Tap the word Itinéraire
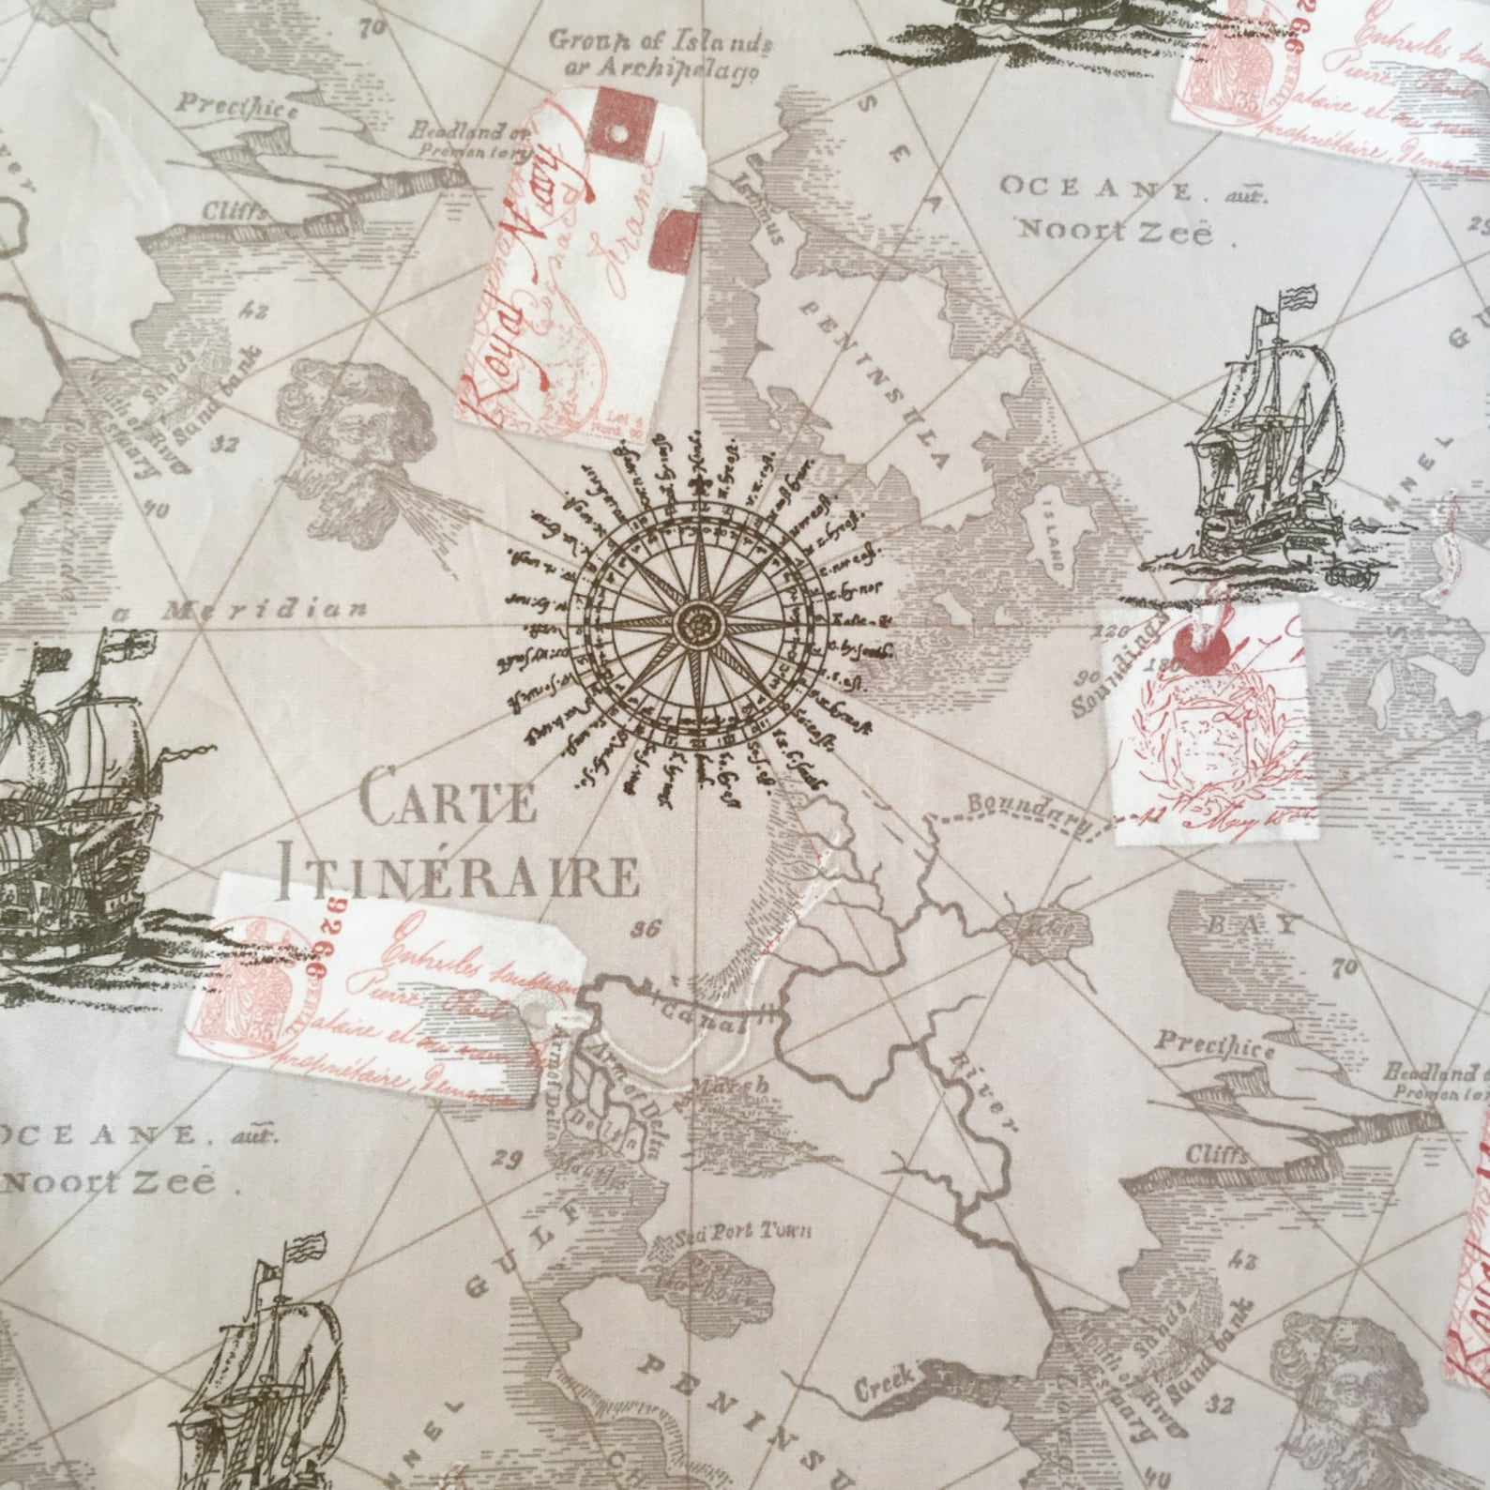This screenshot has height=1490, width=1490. (x=461, y=874)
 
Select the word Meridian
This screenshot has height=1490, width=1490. (x=266, y=611)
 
